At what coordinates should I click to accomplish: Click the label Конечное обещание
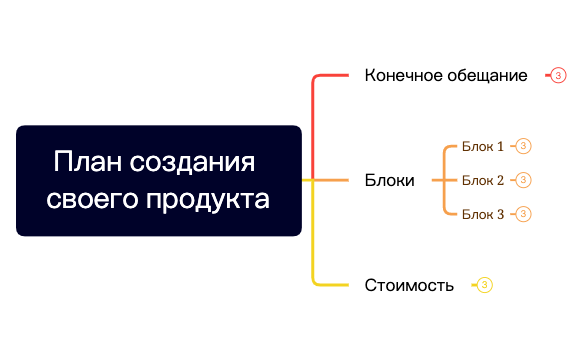tap(446, 75)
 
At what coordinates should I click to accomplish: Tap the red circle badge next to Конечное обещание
tap(558, 75)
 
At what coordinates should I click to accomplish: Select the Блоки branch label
tap(390, 181)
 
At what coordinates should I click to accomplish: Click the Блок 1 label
tap(483, 146)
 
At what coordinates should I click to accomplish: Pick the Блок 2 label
tap(483, 180)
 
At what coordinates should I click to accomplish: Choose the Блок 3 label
tap(483, 214)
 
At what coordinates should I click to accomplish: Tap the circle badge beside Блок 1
tap(523, 146)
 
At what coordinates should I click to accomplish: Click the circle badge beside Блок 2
tap(523, 180)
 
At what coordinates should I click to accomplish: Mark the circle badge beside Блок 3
tap(523, 214)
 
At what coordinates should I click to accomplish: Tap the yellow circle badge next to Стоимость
tap(485, 285)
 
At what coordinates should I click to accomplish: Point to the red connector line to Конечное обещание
tap(314, 120)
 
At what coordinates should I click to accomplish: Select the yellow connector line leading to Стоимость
tap(314, 240)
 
